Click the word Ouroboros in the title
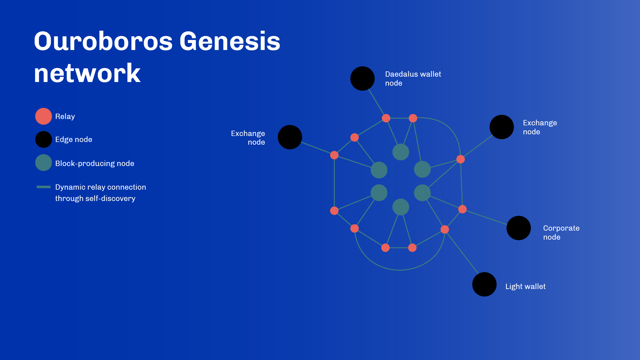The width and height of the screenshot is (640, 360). [x=103, y=41]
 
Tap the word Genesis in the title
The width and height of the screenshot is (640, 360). [x=230, y=41]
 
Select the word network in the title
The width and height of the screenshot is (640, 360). [x=87, y=73]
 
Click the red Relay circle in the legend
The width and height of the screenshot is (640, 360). [x=44, y=116]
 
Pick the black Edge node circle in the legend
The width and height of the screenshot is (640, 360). [x=44, y=139]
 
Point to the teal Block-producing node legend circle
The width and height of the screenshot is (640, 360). [x=44, y=163]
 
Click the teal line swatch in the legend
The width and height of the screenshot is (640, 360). [x=44, y=187]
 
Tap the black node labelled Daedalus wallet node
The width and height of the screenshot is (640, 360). [x=363, y=78]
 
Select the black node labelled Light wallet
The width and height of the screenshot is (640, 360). [x=484, y=284]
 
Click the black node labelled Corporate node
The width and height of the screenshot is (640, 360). [x=519, y=228]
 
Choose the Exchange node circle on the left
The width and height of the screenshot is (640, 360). [x=290, y=137]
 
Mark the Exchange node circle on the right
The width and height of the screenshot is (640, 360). [x=502, y=127]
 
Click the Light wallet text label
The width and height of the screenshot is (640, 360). [x=525, y=286]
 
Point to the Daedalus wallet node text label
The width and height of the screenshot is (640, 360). [x=413, y=79]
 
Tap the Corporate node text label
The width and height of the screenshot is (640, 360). [x=561, y=233]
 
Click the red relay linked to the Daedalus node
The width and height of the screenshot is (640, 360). [x=386, y=118]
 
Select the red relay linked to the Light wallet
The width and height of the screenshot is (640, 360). [x=445, y=229]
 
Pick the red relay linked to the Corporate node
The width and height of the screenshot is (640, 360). [x=462, y=209]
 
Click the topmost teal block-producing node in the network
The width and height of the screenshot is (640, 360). [x=401, y=152]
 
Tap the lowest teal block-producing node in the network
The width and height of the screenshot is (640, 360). [x=401, y=207]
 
